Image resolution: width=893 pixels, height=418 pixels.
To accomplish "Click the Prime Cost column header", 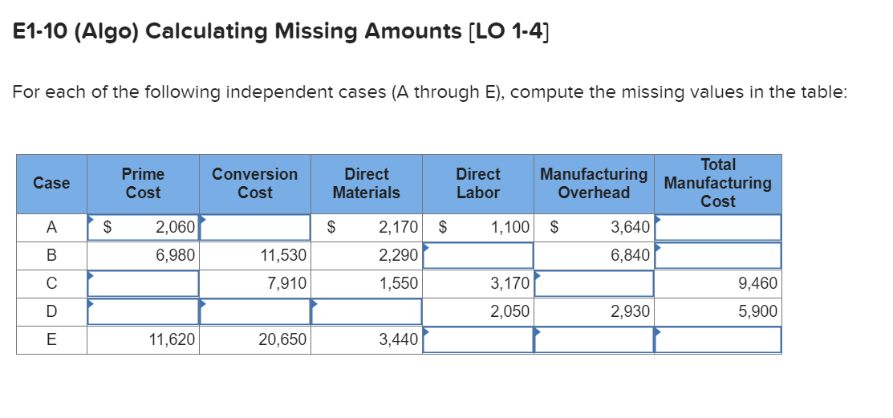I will pyautogui.click(x=143, y=184).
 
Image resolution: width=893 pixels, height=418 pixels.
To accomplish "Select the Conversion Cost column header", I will pyautogui.click(x=254, y=184).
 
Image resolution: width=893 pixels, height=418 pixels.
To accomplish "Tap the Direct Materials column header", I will pyautogui.click(x=366, y=184).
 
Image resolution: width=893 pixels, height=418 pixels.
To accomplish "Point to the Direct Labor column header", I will pyautogui.click(x=477, y=184).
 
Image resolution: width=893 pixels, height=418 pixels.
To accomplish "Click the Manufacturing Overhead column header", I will pyautogui.click(x=594, y=184).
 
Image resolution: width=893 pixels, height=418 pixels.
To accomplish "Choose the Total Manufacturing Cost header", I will pyautogui.click(x=717, y=184).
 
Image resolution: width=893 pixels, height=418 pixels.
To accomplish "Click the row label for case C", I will pyautogui.click(x=51, y=283).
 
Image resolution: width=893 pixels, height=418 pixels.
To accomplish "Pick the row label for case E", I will pyautogui.click(x=51, y=339).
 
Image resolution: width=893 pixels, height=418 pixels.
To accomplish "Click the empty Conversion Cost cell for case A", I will pyautogui.click(x=254, y=227).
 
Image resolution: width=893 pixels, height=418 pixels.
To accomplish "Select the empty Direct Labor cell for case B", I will pyautogui.click(x=477, y=255).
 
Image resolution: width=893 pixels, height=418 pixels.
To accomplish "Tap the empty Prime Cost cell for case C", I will pyautogui.click(x=143, y=283).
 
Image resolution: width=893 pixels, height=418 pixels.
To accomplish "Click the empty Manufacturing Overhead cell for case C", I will pyautogui.click(x=594, y=283).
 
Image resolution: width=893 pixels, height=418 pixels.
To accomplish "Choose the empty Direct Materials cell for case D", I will pyautogui.click(x=366, y=311).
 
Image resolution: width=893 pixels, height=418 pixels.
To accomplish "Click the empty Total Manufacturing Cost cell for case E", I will pyautogui.click(x=717, y=339).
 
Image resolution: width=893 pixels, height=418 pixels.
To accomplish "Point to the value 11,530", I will pyautogui.click(x=284, y=255).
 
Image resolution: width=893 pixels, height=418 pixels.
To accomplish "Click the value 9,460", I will pyautogui.click(x=757, y=283).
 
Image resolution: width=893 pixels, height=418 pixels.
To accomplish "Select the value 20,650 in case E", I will pyautogui.click(x=282, y=339).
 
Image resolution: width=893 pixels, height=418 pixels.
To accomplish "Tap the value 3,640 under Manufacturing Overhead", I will pyautogui.click(x=630, y=227).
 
